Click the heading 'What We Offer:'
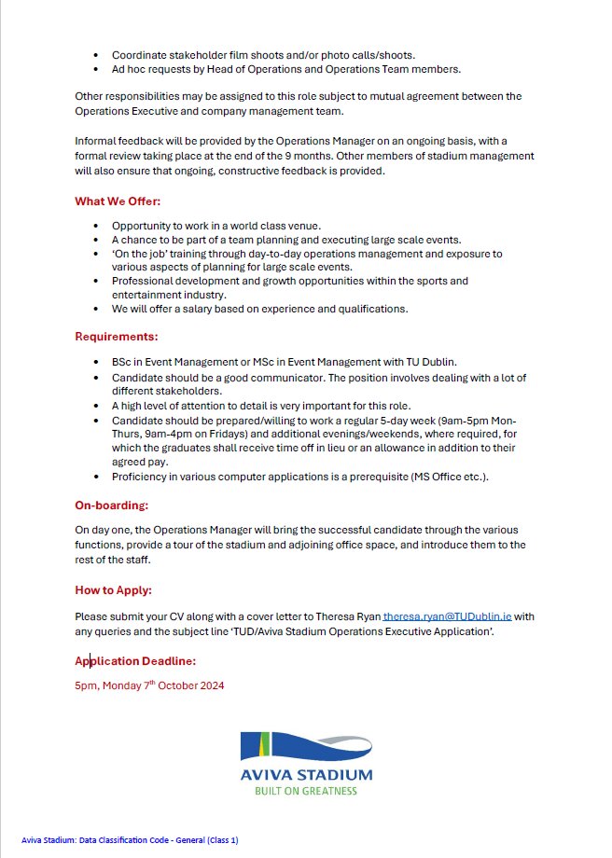tap(116, 201)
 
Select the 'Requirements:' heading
tap(116, 336)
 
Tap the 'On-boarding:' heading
tap(111, 505)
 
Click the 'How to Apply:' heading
tap(113, 590)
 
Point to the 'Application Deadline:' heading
tap(135, 661)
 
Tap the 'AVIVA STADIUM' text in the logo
tap(305, 775)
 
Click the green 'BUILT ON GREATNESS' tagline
tap(305, 791)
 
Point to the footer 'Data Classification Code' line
tap(130, 840)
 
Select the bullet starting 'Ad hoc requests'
tap(285, 69)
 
